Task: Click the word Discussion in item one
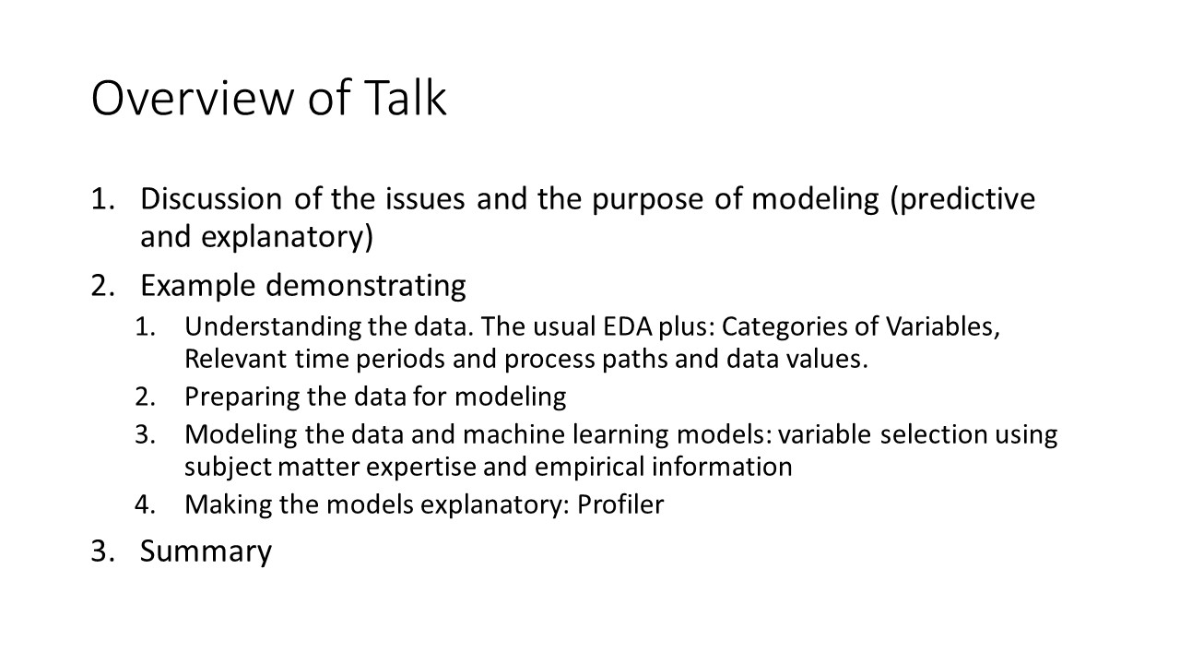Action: point(211,199)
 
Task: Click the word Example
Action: point(198,286)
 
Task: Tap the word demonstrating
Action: point(366,286)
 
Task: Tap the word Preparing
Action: point(241,397)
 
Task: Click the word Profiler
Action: point(619,505)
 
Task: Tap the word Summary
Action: point(206,551)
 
